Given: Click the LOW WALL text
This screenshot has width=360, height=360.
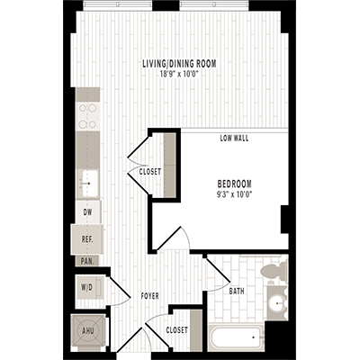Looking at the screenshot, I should point(234,139).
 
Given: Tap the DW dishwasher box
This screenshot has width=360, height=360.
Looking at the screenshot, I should point(87,212).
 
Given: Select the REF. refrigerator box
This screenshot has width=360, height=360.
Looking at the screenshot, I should point(87,239).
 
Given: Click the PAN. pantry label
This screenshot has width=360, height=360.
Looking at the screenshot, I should point(87,261).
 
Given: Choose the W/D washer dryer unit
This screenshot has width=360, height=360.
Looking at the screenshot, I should point(87,289).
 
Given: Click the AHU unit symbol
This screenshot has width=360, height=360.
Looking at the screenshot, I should point(87,330).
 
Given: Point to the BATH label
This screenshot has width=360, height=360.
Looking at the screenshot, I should point(237,291).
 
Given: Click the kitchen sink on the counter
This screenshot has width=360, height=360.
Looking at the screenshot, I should point(88,182).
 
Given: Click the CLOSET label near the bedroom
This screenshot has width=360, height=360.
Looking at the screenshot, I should point(150,171).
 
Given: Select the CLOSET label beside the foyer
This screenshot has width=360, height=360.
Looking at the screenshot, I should point(177,330).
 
